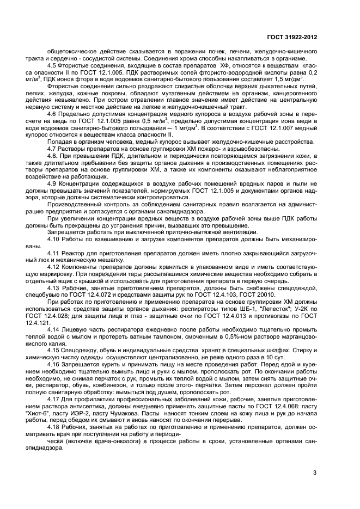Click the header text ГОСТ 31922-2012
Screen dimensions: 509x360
click(292, 36)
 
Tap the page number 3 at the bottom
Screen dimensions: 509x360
click(315, 473)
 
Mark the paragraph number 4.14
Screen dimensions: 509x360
click(54, 332)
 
